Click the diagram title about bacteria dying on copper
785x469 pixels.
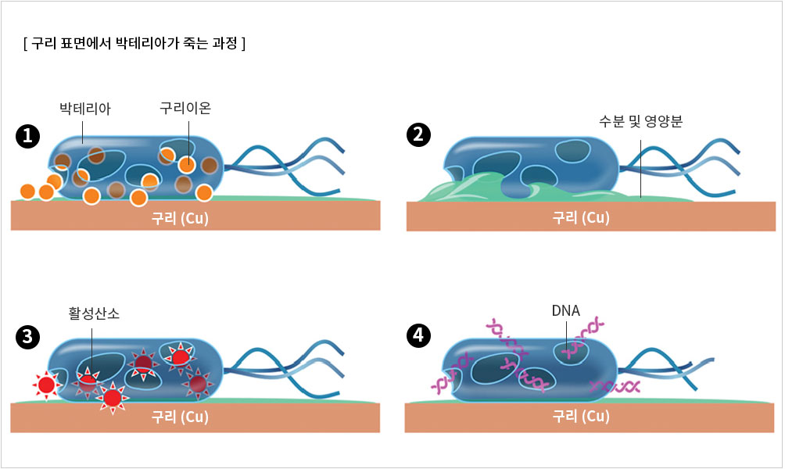pyautogui.click(x=135, y=43)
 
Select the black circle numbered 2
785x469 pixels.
pyautogui.click(x=420, y=134)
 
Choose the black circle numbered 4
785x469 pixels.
pyautogui.click(x=420, y=336)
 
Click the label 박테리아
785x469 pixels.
pyautogui.click(x=85, y=109)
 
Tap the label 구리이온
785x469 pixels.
pyautogui.click(x=185, y=108)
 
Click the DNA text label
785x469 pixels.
pyautogui.click(x=565, y=310)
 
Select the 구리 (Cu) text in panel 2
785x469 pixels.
pyautogui.click(x=580, y=217)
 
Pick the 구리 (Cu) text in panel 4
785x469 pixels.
pyautogui.click(x=580, y=416)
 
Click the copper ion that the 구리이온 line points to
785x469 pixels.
pyautogui.click(x=187, y=165)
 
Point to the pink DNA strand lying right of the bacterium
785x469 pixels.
pyautogui.click(x=615, y=386)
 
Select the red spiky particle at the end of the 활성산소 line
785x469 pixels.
pyautogui.click(x=88, y=383)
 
